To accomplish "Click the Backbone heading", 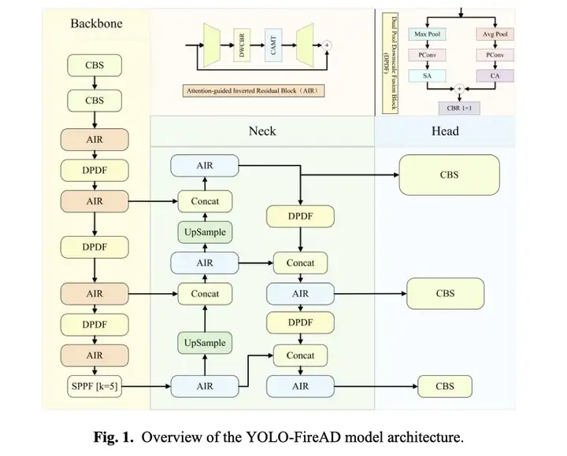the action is [96, 24].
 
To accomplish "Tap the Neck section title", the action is [262, 131].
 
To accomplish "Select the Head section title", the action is [445, 131].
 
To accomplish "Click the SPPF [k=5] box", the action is [94, 386].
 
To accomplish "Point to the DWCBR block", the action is [242, 46].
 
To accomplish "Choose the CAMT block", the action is [273, 46].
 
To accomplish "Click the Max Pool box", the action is [427, 35].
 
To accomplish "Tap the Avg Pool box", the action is [495, 35].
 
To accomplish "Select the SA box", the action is [427, 75].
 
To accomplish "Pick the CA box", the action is [495, 75].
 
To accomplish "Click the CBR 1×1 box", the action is [459, 108].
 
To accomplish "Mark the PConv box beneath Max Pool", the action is [427, 55].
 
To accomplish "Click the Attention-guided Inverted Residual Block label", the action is [253, 90].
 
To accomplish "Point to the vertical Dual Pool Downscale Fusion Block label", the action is [390, 63].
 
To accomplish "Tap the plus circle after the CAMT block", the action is [327, 45].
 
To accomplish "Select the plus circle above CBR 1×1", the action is [459, 89].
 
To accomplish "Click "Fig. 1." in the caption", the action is [113, 437].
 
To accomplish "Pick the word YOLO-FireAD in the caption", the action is [294, 437].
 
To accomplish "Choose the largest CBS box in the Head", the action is [449, 175].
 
